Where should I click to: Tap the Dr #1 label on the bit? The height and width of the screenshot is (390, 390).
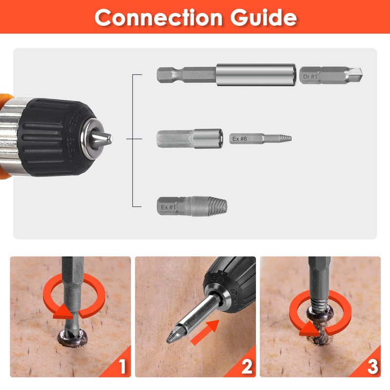click(311, 76)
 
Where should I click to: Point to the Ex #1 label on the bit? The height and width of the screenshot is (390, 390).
click(168, 207)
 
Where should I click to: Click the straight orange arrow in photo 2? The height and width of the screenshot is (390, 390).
click(202, 332)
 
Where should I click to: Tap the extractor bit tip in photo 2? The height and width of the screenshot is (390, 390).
click(171, 337)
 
